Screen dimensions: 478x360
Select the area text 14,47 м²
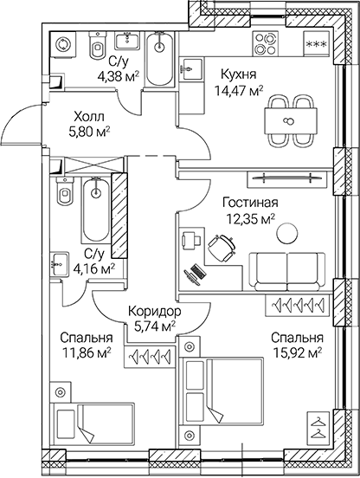[238, 91]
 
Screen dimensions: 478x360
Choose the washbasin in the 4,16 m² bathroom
[59, 262]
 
